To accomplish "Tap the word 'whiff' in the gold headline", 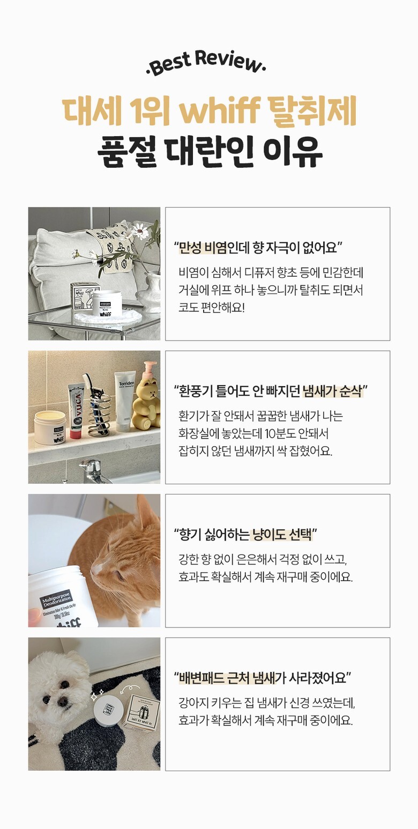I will (219, 112).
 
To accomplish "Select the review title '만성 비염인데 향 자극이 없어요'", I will (258, 248).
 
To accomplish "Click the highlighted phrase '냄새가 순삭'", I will (332, 391).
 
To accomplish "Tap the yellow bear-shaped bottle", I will (146, 399).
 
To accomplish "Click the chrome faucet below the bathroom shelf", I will (94, 469).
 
